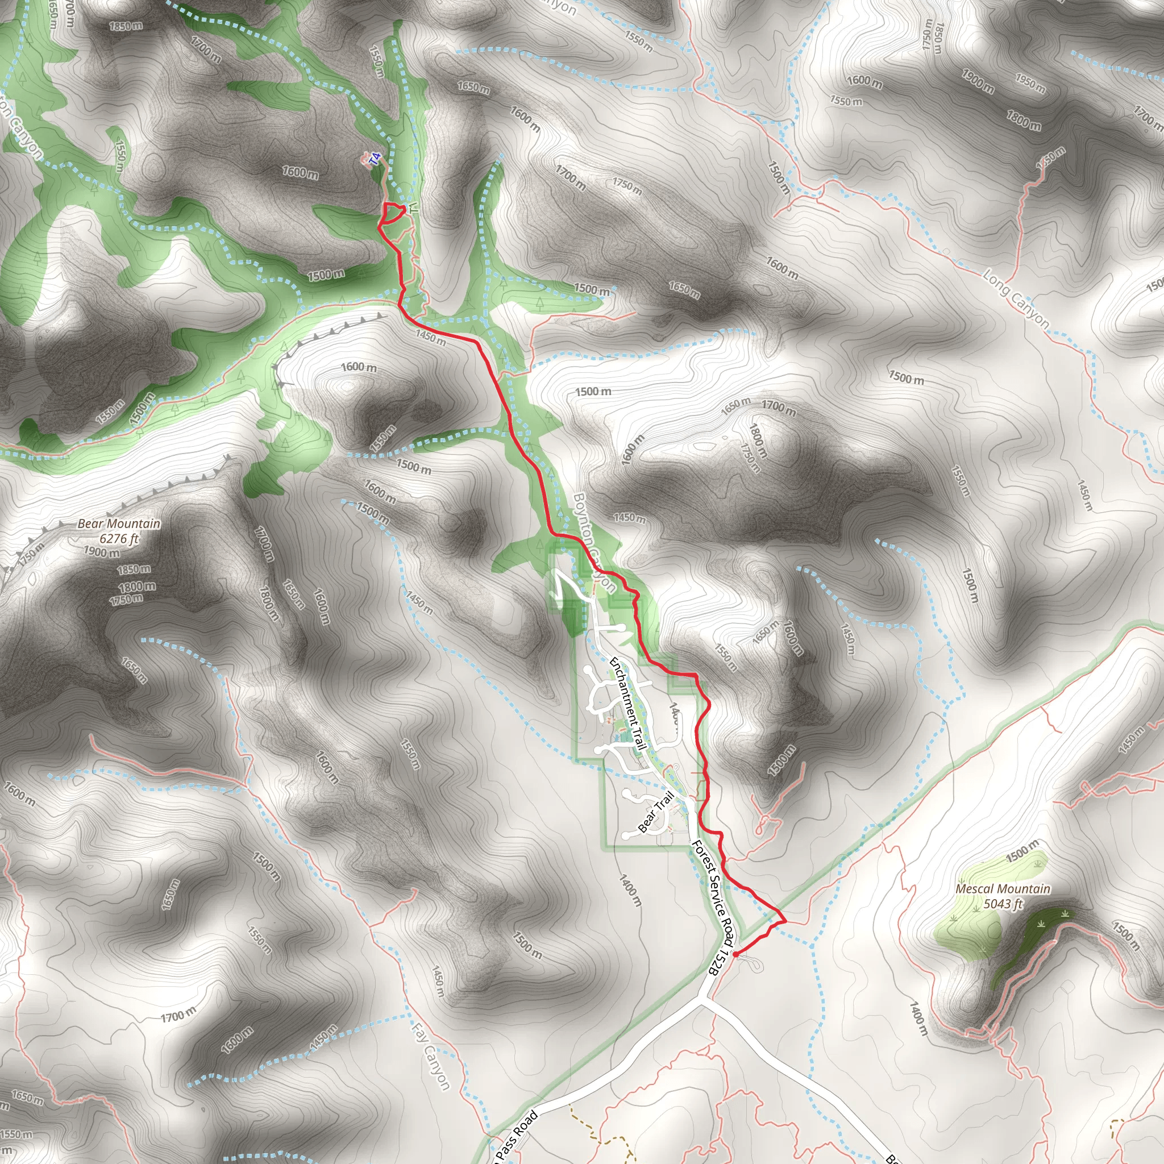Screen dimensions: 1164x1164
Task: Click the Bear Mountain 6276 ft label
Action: click(119, 531)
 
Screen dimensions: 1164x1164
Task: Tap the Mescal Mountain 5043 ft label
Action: click(1003, 896)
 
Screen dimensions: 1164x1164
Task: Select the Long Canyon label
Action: click(1016, 299)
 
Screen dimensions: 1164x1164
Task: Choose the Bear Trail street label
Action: click(655, 812)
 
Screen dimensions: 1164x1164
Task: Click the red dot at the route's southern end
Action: click(735, 954)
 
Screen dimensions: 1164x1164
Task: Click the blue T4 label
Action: click(375, 159)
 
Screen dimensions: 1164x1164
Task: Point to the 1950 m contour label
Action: click(1030, 84)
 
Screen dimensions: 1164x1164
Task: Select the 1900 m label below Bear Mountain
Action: click(101, 552)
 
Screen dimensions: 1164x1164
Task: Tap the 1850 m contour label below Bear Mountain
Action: click(134, 569)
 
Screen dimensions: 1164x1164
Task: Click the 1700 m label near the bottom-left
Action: click(178, 1016)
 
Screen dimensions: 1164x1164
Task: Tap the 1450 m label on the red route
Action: click(430, 338)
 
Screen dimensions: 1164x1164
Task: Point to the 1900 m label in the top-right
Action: click(977, 81)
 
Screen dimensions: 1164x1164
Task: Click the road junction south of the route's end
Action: click(701, 1001)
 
